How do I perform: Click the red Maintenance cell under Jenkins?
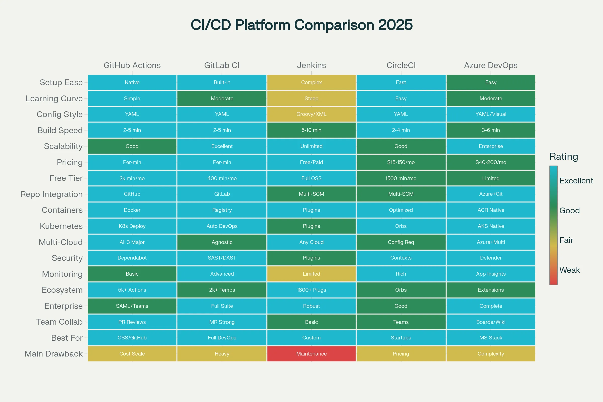coord(311,354)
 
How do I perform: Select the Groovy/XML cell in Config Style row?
coord(311,114)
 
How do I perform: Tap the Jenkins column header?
coord(311,65)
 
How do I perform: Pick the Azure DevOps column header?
coord(490,65)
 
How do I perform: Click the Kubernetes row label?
coord(61,226)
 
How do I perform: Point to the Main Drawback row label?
coord(53,354)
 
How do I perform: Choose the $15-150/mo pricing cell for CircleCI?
coord(401,162)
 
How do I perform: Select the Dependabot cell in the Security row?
coord(132,258)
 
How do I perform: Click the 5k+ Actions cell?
coord(132,290)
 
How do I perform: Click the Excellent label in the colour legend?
coord(576,181)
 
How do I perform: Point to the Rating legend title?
coord(564,157)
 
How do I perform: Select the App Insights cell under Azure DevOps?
coord(490,274)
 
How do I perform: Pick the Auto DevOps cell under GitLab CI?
coord(222,226)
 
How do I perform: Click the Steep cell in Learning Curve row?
coord(311,98)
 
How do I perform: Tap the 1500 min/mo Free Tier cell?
coord(401,178)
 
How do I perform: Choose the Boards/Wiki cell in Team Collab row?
coord(490,322)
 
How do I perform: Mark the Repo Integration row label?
coord(51,194)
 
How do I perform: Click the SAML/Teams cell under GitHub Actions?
coord(132,306)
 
